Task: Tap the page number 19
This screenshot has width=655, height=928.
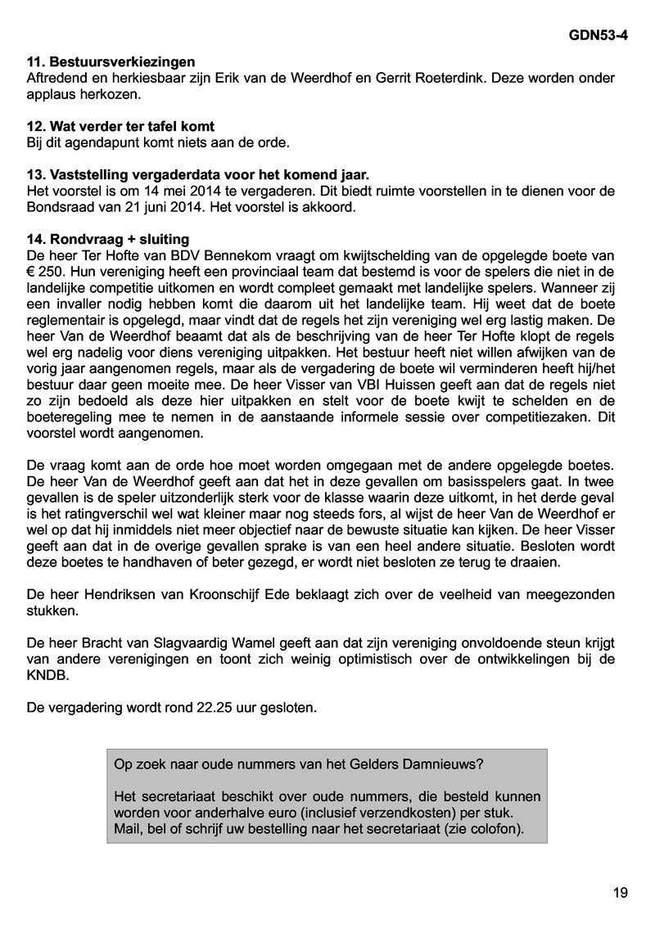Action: [x=620, y=893]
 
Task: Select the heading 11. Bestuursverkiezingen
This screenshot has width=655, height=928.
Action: [x=111, y=61]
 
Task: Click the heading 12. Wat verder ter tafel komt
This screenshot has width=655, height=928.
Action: [x=121, y=126]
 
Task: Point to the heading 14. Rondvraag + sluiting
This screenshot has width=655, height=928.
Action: [x=108, y=239]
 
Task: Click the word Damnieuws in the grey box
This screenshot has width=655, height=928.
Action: [x=443, y=764]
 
